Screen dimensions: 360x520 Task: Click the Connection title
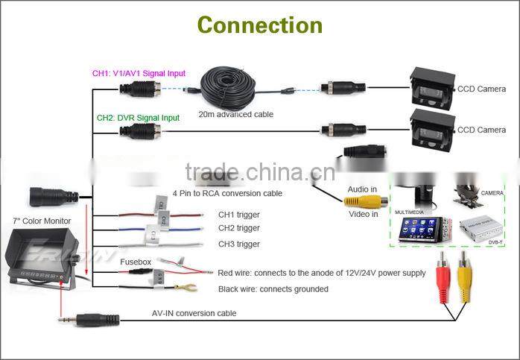(259, 25)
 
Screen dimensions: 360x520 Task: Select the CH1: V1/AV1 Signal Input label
(139, 74)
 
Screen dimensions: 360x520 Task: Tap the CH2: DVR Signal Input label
(138, 118)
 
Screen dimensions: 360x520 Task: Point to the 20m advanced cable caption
(235, 114)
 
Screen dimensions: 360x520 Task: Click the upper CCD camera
(432, 89)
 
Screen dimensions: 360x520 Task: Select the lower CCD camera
(432, 129)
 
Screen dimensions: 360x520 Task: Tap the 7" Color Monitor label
(42, 221)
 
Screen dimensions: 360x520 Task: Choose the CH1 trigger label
(238, 215)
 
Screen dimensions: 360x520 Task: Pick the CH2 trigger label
(238, 228)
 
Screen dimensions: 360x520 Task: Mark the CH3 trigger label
(238, 244)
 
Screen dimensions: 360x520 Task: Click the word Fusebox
(136, 262)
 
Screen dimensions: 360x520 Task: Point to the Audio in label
(363, 189)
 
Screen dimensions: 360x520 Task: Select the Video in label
(364, 214)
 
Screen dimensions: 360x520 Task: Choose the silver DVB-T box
(476, 229)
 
